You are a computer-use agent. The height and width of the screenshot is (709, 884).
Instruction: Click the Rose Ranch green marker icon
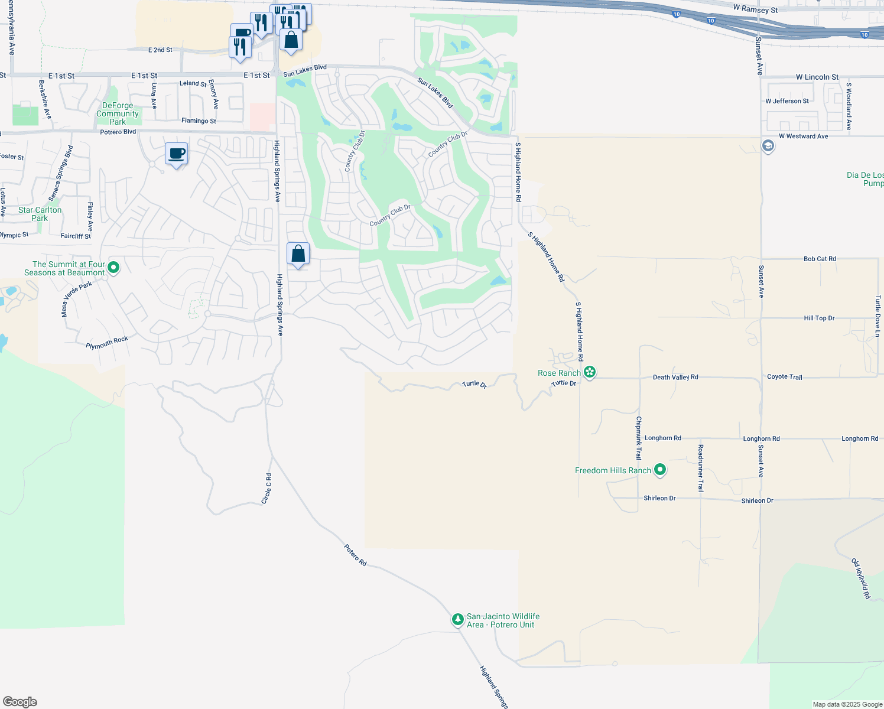[x=590, y=372]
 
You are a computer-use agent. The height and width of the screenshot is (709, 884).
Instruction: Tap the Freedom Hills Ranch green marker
[x=660, y=470]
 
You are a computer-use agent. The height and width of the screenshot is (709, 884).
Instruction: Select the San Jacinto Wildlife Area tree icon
[x=457, y=620]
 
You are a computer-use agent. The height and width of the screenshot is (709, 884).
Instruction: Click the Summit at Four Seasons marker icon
[x=113, y=268]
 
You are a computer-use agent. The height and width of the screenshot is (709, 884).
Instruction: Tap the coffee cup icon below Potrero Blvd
[x=176, y=154]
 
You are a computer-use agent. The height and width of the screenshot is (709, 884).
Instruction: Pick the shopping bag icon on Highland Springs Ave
[x=298, y=254]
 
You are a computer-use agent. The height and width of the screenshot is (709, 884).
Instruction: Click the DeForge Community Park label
[x=118, y=113]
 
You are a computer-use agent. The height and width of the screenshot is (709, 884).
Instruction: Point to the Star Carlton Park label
[x=40, y=214]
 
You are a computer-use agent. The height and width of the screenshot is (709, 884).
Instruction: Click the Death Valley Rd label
[x=675, y=377]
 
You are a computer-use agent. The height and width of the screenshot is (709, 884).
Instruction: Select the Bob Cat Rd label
[x=820, y=259]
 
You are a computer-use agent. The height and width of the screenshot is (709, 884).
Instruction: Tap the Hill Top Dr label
[x=819, y=318]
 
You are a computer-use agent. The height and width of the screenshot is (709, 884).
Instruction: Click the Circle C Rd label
[x=266, y=489]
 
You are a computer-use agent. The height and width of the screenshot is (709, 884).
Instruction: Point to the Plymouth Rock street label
[x=107, y=343]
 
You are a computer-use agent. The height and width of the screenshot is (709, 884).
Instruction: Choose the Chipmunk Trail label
[x=638, y=438]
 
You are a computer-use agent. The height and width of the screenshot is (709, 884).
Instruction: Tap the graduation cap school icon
[x=768, y=145]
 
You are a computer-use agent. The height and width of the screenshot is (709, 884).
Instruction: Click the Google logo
[x=20, y=702]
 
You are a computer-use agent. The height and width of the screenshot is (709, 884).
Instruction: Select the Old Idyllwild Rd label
[x=860, y=578]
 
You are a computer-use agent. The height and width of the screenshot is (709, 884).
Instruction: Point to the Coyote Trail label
[x=784, y=377]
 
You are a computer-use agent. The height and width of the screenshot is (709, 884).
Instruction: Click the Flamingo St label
[x=199, y=121]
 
